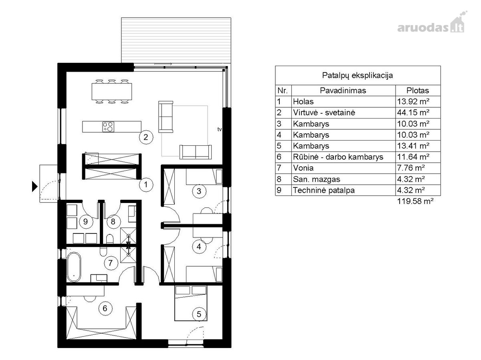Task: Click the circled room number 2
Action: [146, 137]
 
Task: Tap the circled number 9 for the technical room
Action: [85, 221]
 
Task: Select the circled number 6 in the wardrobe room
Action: [105, 308]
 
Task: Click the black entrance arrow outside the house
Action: [34, 187]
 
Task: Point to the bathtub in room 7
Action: [74, 267]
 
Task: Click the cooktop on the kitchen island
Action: [108, 127]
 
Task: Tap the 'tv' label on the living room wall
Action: [219, 129]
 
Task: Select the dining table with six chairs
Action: [112, 91]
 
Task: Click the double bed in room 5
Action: [191, 303]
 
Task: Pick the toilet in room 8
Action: [109, 239]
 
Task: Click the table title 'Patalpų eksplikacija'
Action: [358, 75]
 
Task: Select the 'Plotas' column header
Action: [417, 91]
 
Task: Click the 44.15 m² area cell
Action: [413, 113]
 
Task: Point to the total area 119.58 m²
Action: [415, 201]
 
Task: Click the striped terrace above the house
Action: [176, 40]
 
